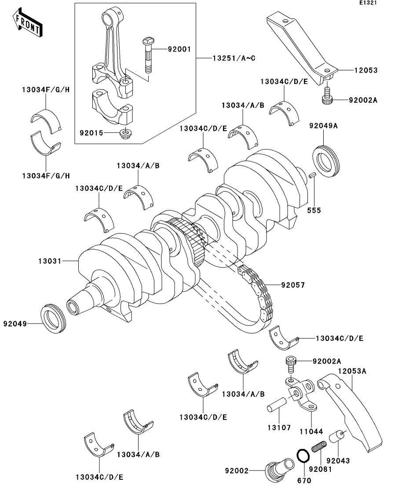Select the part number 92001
pos(179,49)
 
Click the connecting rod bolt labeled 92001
pos(147,55)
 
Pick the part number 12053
pos(365,70)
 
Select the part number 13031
pos(49,261)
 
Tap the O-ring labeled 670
pos(302,456)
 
